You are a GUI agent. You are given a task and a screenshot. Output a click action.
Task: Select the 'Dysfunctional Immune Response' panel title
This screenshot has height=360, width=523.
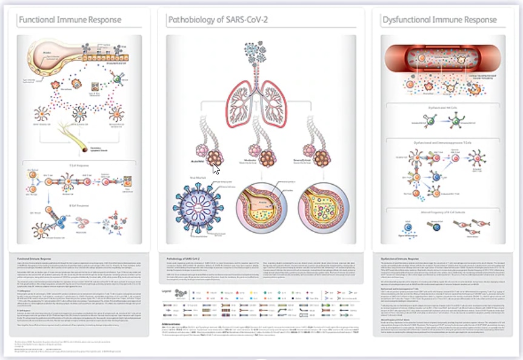[439, 20]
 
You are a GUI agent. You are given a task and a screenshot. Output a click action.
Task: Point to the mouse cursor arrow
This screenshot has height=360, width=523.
[215, 168]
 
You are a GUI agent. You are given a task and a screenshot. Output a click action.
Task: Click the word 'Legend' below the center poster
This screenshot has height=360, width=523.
[174, 291]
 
